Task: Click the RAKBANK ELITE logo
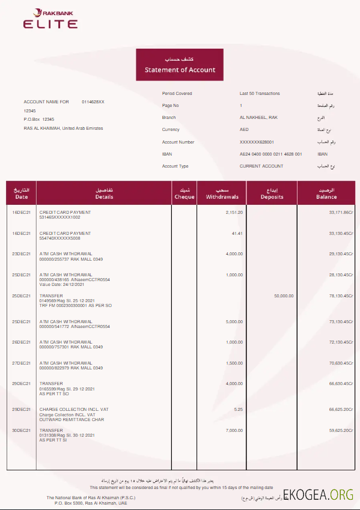click(50, 19)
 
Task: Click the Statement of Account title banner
click(180, 65)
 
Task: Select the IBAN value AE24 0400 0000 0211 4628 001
click(270, 154)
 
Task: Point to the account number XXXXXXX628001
click(257, 142)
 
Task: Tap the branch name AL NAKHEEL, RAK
click(258, 118)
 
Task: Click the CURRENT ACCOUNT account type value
click(261, 166)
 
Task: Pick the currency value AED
click(244, 130)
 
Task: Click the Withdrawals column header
click(222, 193)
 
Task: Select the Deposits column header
click(272, 193)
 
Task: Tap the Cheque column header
click(185, 193)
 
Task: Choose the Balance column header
click(326, 193)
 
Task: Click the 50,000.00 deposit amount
click(284, 296)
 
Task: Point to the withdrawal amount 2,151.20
click(234, 213)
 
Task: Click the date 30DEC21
click(21, 430)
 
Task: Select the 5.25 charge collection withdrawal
click(238, 409)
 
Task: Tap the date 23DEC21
click(21, 254)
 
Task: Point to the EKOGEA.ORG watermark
click(320, 494)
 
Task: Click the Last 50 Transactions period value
click(260, 94)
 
